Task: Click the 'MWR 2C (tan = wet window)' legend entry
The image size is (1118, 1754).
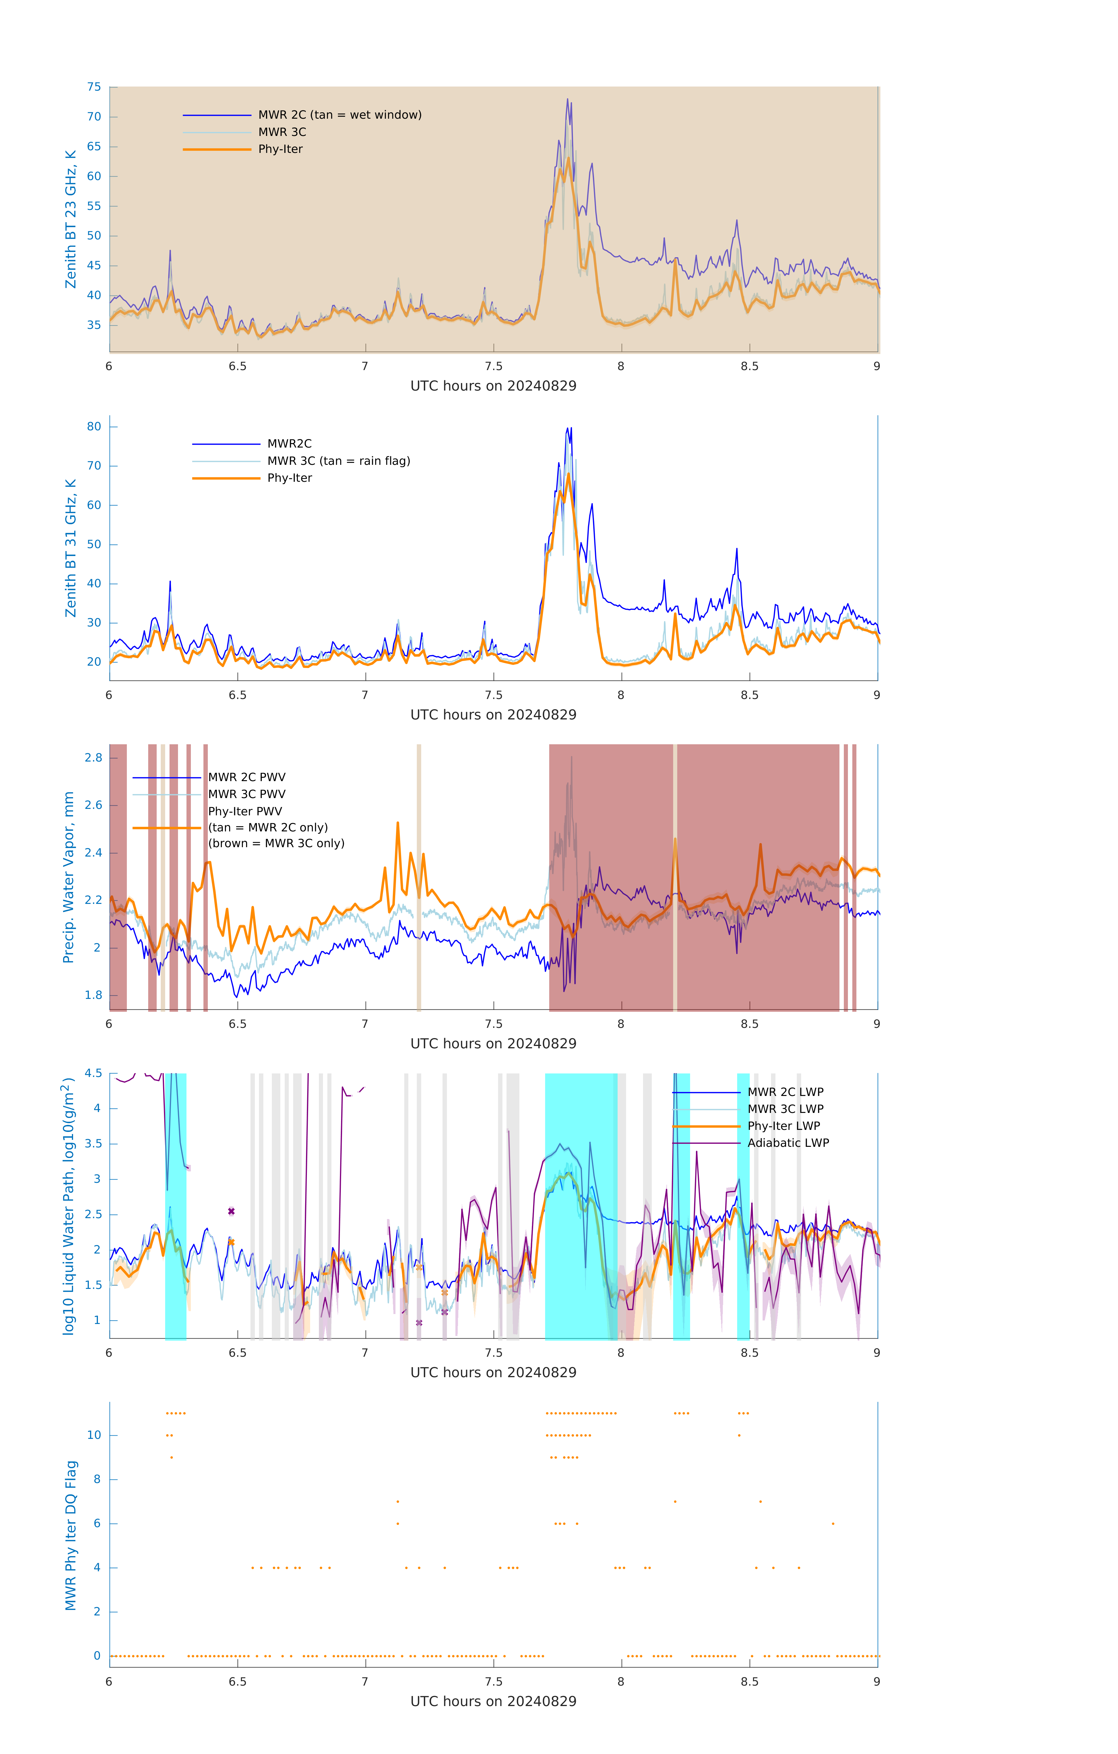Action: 339,115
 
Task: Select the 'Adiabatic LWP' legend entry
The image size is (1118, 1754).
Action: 788,1143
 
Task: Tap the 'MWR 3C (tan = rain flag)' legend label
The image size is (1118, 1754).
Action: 339,461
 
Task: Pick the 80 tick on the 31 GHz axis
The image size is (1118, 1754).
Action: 94,427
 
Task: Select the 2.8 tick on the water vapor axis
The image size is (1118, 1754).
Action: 93,757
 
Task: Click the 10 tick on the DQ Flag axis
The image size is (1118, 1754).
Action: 94,1435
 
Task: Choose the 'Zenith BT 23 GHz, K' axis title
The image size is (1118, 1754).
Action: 71,219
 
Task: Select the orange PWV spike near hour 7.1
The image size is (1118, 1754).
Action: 398,823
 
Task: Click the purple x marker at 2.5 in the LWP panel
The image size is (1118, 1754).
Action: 231,1211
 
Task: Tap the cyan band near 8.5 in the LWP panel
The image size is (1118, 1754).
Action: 743,1206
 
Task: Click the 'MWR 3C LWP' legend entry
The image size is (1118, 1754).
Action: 785,1109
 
